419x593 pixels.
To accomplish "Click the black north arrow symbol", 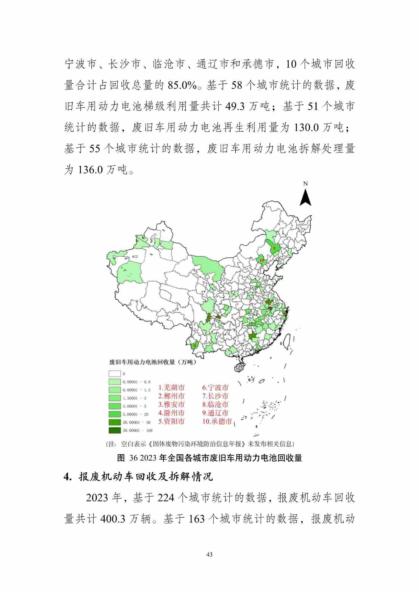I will pos(305,198).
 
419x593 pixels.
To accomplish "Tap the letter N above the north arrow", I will pos(305,183).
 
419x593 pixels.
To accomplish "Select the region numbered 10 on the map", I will pos(262,260).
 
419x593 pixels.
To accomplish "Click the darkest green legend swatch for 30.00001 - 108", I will pos(114,430).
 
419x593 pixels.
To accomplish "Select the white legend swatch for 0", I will pos(114,374).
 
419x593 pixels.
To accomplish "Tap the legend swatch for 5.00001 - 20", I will pos(114,414).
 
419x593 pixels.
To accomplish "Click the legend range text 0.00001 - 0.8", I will pos(136,382).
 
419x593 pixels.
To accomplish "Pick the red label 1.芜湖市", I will pos(172,388).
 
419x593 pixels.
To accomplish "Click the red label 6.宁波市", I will pos(216,388).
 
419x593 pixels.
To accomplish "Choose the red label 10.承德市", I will pos(217,421).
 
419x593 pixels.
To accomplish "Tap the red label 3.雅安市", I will pos(172,404).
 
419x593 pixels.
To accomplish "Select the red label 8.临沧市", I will pos(216,404).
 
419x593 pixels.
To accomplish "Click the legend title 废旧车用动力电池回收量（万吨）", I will pos(153,362).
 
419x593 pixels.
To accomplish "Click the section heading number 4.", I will pos(67,477).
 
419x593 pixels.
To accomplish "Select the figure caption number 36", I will pos(133,458).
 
